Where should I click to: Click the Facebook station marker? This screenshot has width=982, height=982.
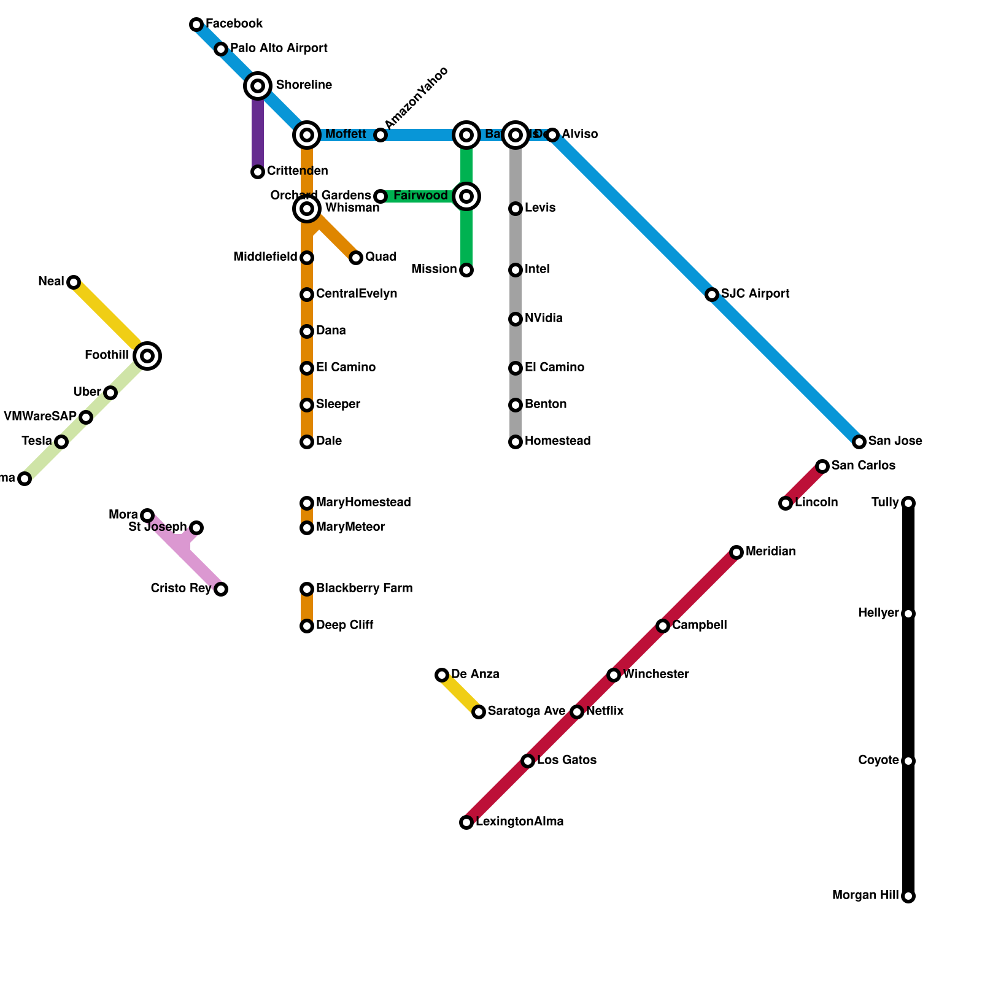click(x=196, y=25)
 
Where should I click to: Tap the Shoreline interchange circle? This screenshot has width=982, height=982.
click(x=258, y=86)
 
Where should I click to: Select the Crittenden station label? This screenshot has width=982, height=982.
click(x=297, y=171)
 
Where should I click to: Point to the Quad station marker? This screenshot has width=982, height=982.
click(x=356, y=258)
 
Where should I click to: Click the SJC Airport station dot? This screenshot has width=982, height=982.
click(x=712, y=295)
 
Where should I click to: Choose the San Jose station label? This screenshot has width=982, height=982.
click(x=895, y=441)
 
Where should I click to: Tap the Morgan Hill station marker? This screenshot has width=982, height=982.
click(x=908, y=896)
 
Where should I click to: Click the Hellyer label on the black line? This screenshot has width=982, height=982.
click(x=878, y=613)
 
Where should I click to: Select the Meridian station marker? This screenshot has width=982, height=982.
click(x=736, y=552)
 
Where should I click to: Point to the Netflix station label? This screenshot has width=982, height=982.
click(x=605, y=711)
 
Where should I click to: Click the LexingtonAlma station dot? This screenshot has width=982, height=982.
click(x=466, y=822)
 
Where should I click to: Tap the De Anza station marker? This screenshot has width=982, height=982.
click(x=442, y=675)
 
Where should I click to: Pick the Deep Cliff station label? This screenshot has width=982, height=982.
click(x=344, y=625)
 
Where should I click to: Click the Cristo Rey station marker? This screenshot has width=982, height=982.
click(x=221, y=589)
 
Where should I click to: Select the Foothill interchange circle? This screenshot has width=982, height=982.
click(x=147, y=356)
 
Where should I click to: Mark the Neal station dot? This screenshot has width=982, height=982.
click(x=74, y=282)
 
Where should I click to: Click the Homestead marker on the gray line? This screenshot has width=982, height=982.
click(x=516, y=442)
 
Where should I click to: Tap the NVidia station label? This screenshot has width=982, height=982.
click(x=543, y=319)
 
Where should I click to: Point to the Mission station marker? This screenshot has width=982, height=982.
click(x=466, y=270)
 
